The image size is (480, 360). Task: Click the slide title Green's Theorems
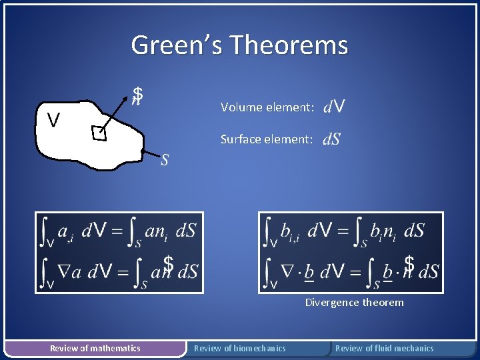(239, 45)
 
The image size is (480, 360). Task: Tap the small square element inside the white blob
(99, 134)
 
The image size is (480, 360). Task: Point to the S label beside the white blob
(165, 160)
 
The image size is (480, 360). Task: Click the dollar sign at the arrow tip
(137, 95)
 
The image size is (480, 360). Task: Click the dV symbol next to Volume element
(333, 106)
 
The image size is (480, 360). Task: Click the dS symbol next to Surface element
(331, 139)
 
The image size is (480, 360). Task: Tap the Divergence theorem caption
(354, 303)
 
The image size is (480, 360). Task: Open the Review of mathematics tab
(95, 348)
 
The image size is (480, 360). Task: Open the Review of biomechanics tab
(239, 348)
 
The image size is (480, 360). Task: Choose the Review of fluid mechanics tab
(384, 348)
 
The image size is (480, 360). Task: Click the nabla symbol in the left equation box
(63, 271)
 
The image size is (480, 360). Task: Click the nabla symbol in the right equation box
(289, 271)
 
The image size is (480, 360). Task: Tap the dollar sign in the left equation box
(169, 265)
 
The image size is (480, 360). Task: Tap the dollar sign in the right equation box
(409, 264)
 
